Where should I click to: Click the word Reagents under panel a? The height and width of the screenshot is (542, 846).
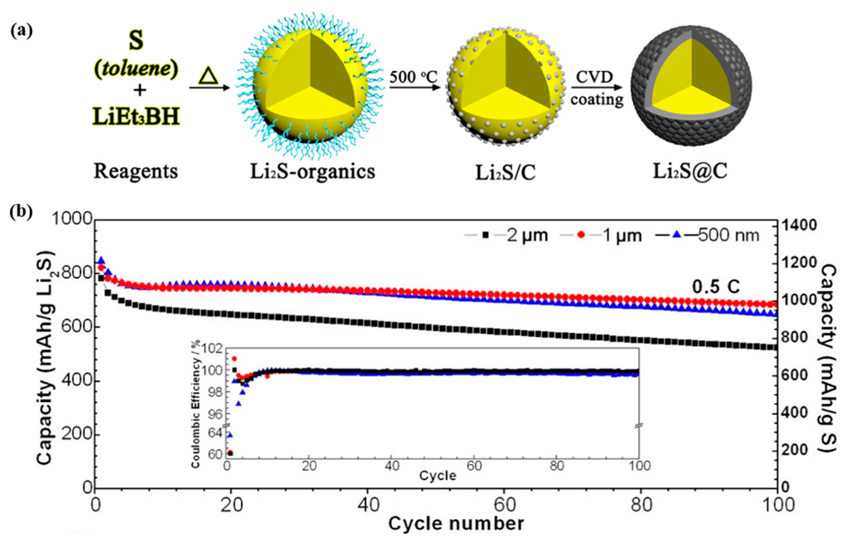coord(136,171)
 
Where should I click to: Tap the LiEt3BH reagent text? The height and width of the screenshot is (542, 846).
coord(136,117)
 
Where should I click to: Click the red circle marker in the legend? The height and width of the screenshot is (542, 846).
coord(581,235)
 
